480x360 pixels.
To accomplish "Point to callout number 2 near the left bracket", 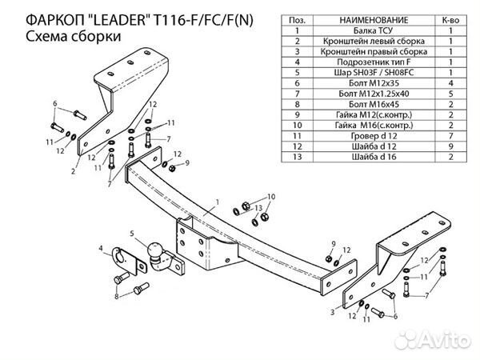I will click(x=73, y=171).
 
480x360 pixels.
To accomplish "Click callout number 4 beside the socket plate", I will click(x=101, y=250).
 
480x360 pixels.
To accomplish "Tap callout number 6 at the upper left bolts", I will click(x=54, y=104).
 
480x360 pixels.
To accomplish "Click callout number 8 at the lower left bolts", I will click(x=115, y=297).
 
